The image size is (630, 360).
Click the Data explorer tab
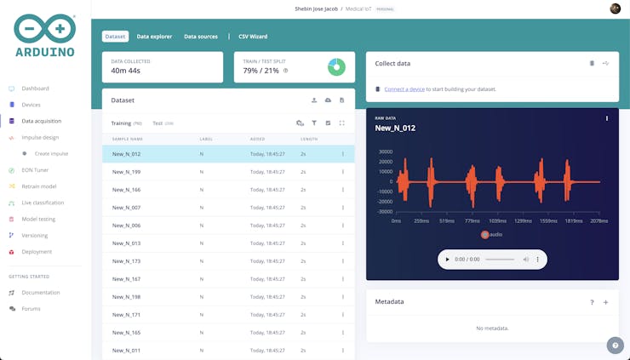click(154, 37)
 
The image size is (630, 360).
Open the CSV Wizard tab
click(253, 37)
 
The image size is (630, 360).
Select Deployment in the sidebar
click(37, 252)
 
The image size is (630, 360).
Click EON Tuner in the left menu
click(35, 170)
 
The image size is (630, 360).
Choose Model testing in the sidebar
click(38, 219)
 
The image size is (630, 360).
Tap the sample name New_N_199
click(126, 172)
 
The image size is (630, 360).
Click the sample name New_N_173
click(126, 261)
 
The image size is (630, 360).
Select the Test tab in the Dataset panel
click(157, 123)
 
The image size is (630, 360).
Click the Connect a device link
click(404, 89)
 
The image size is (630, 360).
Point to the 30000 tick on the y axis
click(385, 151)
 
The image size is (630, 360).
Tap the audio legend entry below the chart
click(491, 234)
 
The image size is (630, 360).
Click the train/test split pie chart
click(336, 67)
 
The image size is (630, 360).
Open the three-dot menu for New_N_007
click(343, 208)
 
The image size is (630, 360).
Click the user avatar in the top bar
click(616, 9)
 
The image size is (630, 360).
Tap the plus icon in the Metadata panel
click(606, 302)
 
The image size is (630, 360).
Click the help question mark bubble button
click(615, 345)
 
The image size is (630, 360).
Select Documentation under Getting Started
click(41, 293)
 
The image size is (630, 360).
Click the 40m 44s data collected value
click(125, 71)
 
